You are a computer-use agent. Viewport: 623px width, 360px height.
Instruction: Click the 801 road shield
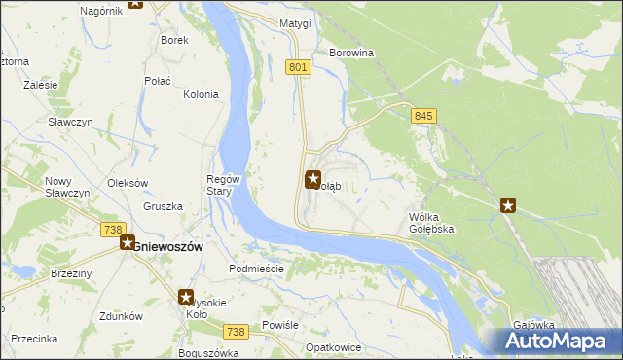[299, 67]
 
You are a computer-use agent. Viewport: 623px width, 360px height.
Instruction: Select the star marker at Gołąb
[313, 179]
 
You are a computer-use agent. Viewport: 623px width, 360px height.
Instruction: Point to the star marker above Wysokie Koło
[186, 298]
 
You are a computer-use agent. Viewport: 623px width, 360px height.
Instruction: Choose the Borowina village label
[352, 53]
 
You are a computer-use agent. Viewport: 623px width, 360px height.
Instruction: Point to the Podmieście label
[255, 269]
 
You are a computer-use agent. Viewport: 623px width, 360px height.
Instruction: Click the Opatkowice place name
[334, 347]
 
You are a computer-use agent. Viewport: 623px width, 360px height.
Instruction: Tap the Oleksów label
[127, 183]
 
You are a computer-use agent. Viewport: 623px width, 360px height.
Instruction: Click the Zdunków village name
[122, 316]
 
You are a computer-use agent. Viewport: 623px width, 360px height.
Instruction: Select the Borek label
[174, 40]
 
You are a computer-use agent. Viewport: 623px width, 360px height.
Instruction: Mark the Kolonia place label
[201, 94]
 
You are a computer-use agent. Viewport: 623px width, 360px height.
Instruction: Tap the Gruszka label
[163, 206]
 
